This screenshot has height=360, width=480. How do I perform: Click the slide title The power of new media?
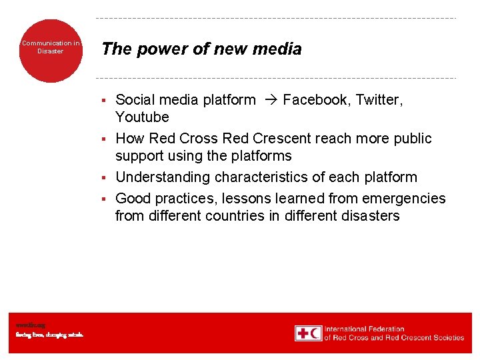tap(201, 49)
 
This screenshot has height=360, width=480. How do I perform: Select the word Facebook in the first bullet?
tap(316, 100)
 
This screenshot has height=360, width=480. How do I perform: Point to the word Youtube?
tap(142, 117)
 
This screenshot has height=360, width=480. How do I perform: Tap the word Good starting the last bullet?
tap(132, 199)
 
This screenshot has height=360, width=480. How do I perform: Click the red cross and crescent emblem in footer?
tap(308, 333)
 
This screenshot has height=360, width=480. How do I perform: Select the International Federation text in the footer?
tap(365, 329)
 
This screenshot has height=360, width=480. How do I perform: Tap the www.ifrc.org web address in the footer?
tap(31, 325)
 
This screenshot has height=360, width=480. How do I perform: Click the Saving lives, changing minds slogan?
tap(50, 335)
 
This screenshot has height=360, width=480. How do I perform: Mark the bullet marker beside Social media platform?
tap(104, 101)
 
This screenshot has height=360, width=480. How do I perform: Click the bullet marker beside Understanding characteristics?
tap(104, 178)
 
